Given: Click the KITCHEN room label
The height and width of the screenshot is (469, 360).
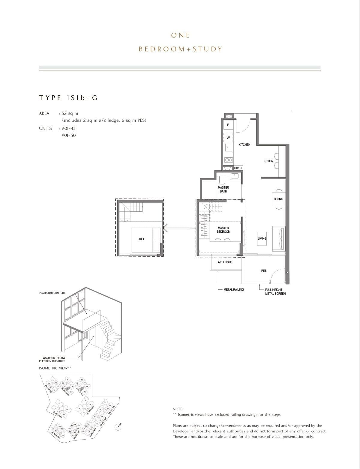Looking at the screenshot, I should tap(244, 145).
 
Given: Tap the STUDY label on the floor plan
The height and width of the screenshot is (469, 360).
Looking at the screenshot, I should tap(269, 161).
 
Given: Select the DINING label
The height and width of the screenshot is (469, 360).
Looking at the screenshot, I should tap(278, 199).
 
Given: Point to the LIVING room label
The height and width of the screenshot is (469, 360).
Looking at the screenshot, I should tap(262, 238).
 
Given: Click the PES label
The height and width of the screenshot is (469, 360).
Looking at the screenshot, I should tap(264, 271).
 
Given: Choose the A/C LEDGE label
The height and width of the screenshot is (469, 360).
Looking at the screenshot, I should tap(225, 262).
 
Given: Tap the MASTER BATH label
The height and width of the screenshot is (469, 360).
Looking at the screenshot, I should tap(223, 189).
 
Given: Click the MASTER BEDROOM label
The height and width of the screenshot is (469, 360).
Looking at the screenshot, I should tap(223, 230).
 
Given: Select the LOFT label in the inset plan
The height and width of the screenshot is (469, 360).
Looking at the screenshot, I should tap(141, 239).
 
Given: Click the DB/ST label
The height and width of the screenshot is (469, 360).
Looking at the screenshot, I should tap(238, 168).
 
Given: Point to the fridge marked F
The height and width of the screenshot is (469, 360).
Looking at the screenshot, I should tap(228, 125).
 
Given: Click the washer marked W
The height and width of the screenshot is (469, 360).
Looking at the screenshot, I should tap(228, 138).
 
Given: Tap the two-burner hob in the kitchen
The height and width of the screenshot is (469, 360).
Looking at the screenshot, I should tap(229, 160).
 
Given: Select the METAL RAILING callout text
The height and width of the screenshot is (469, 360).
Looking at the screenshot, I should tap(234, 290).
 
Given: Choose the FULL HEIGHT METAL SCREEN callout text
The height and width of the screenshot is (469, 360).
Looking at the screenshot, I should tap(275, 292).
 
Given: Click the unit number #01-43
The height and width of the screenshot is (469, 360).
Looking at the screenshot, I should tap(68, 128).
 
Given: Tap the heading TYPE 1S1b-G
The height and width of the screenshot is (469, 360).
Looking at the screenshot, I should tap(68, 98).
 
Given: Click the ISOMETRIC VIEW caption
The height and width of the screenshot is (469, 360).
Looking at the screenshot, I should tap(55, 368).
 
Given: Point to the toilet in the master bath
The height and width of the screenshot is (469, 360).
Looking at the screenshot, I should tap(222, 180).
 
